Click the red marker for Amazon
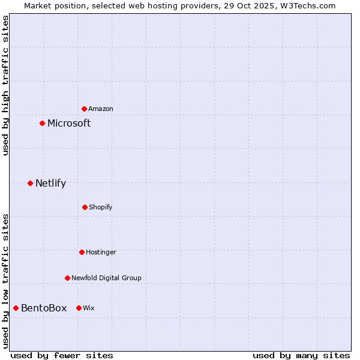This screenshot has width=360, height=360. click(x=85, y=109)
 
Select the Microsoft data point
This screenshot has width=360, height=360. click(x=43, y=123)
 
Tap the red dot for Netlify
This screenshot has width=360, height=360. click(x=31, y=183)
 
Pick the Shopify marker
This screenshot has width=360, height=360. click(x=85, y=207)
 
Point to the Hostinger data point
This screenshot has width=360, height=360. click(x=82, y=252)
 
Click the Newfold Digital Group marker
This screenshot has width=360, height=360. click(x=67, y=278)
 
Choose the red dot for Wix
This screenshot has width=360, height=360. click(x=79, y=308)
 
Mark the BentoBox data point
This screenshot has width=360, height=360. click(x=16, y=308)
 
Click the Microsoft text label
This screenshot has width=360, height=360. click(x=69, y=123)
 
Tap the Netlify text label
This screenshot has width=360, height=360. click(x=50, y=183)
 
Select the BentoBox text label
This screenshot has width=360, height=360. click(x=44, y=308)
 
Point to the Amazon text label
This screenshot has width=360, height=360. click(x=101, y=109)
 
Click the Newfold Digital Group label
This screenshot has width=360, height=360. click(x=106, y=278)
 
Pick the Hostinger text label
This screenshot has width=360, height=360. click(x=101, y=252)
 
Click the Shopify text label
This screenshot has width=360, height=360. click(x=101, y=207)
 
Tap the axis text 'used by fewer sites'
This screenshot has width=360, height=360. click(x=62, y=355)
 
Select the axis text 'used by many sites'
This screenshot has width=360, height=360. click(x=301, y=355)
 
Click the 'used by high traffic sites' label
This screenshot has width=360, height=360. click(x=5, y=85)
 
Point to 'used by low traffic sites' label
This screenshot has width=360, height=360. click(x=5, y=281)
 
